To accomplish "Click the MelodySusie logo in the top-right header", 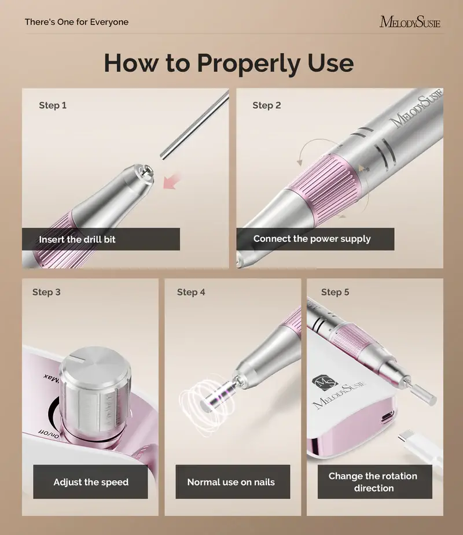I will pos(410,22).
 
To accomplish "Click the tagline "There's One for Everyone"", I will pos(76,22).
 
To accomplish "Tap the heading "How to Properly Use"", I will pos(229,62).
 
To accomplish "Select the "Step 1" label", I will pos(53,105).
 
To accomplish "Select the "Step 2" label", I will pos(267,105).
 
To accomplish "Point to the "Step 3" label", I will pos(46,292).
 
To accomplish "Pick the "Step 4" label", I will pos(191,292).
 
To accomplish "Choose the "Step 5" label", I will pos(335,292).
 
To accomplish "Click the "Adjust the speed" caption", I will pos(91,482).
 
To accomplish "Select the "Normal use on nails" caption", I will pos(231,482).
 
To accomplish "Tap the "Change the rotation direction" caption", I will pos(373,482).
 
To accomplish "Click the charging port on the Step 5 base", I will pos(387,416).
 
